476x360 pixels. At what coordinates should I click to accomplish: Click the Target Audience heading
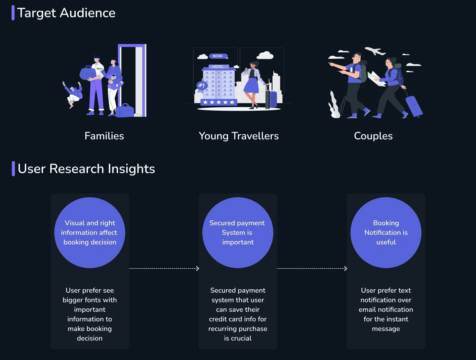pyautogui.click(x=66, y=13)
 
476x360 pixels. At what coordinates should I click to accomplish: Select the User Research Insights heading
pyautogui.click(x=86, y=169)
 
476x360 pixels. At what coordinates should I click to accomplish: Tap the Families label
pyautogui.click(x=104, y=136)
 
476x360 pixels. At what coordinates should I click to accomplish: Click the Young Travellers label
pyautogui.click(x=239, y=136)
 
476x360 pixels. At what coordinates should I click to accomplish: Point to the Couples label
pyautogui.click(x=373, y=136)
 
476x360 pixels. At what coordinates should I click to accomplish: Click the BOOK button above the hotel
pyautogui.click(x=218, y=56)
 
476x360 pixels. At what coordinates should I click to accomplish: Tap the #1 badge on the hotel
pyautogui.click(x=201, y=86)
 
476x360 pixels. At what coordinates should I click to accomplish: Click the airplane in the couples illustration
pyautogui.click(x=375, y=51)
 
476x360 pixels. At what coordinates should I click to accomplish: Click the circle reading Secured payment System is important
pyautogui.click(x=238, y=233)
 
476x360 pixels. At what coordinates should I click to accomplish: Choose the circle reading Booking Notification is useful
pyautogui.click(x=386, y=233)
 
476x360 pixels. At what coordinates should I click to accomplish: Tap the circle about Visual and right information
pyautogui.click(x=90, y=233)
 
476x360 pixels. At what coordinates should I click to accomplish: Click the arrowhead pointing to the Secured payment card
pyautogui.click(x=197, y=269)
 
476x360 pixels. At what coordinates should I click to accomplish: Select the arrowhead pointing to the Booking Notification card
pyautogui.click(x=345, y=269)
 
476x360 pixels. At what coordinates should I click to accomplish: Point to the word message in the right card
pyautogui.click(x=386, y=329)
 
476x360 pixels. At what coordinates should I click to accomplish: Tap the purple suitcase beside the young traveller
pyautogui.click(x=272, y=99)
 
